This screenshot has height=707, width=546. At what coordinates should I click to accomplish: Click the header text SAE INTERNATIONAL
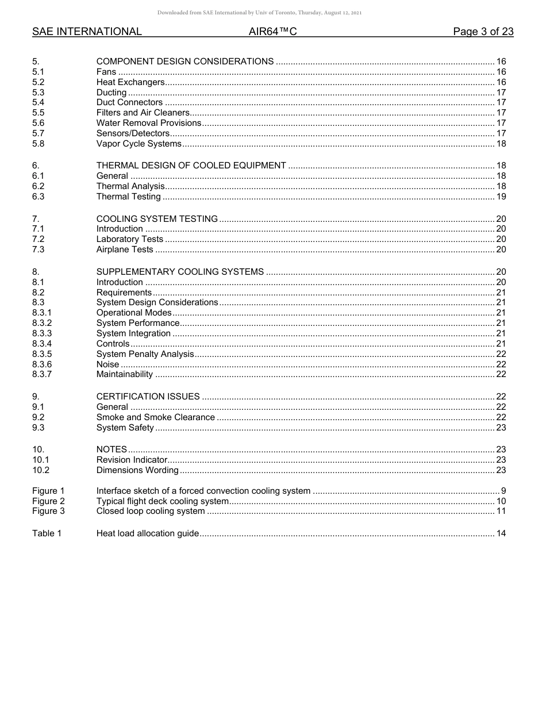click(87, 32)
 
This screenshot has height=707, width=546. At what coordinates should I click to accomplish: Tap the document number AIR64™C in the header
click(272, 32)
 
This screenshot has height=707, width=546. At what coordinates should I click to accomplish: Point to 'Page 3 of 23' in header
click(483, 32)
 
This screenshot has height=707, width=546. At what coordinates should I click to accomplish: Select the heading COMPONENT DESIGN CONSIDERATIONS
click(185, 62)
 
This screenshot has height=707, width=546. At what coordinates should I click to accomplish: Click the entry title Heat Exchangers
click(130, 82)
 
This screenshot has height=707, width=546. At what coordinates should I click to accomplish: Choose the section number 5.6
click(39, 123)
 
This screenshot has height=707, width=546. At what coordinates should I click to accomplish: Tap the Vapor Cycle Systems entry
click(139, 144)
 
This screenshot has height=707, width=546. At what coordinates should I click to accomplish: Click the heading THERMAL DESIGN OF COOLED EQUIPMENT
click(191, 166)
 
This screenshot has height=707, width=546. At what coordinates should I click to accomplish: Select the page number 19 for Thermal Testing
click(501, 197)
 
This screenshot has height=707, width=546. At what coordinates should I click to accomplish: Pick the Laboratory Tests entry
click(130, 239)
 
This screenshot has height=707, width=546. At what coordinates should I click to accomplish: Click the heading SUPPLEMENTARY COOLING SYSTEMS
click(180, 272)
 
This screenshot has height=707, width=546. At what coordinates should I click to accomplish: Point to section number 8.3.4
click(42, 344)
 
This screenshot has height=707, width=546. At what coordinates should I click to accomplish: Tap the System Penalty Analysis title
click(145, 354)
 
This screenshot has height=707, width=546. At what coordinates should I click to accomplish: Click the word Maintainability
click(125, 375)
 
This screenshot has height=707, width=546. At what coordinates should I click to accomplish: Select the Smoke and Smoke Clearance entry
click(155, 417)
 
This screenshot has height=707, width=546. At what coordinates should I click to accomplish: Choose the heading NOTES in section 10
click(111, 449)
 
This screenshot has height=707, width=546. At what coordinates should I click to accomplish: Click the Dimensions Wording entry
click(137, 470)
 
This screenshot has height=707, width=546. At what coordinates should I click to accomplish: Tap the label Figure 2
click(48, 501)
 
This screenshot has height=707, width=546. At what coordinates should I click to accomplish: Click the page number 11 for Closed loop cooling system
click(501, 511)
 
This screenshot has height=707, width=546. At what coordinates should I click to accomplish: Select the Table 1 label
click(47, 533)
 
